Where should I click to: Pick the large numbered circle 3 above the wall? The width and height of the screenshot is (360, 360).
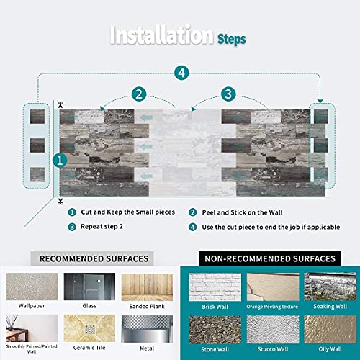click(228, 94)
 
